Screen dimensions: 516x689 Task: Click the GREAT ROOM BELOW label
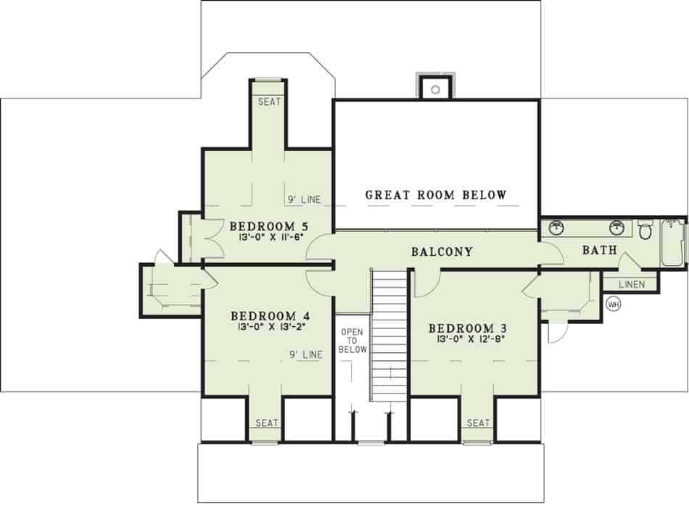click(x=436, y=195)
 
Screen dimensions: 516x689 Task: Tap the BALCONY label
click(x=442, y=252)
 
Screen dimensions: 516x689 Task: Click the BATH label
click(x=600, y=251)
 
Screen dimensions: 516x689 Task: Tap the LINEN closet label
click(x=630, y=284)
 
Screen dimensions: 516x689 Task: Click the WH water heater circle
click(x=614, y=304)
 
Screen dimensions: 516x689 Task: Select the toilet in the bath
click(x=645, y=230)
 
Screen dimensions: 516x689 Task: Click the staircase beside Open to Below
click(x=389, y=334)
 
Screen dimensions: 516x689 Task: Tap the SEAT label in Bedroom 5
click(x=269, y=102)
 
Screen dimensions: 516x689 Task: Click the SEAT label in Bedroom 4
click(x=266, y=423)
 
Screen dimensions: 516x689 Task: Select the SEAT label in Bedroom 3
click(x=478, y=423)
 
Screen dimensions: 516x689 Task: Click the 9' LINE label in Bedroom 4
click(x=306, y=354)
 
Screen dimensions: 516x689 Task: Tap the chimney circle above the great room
click(x=435, y=90)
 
